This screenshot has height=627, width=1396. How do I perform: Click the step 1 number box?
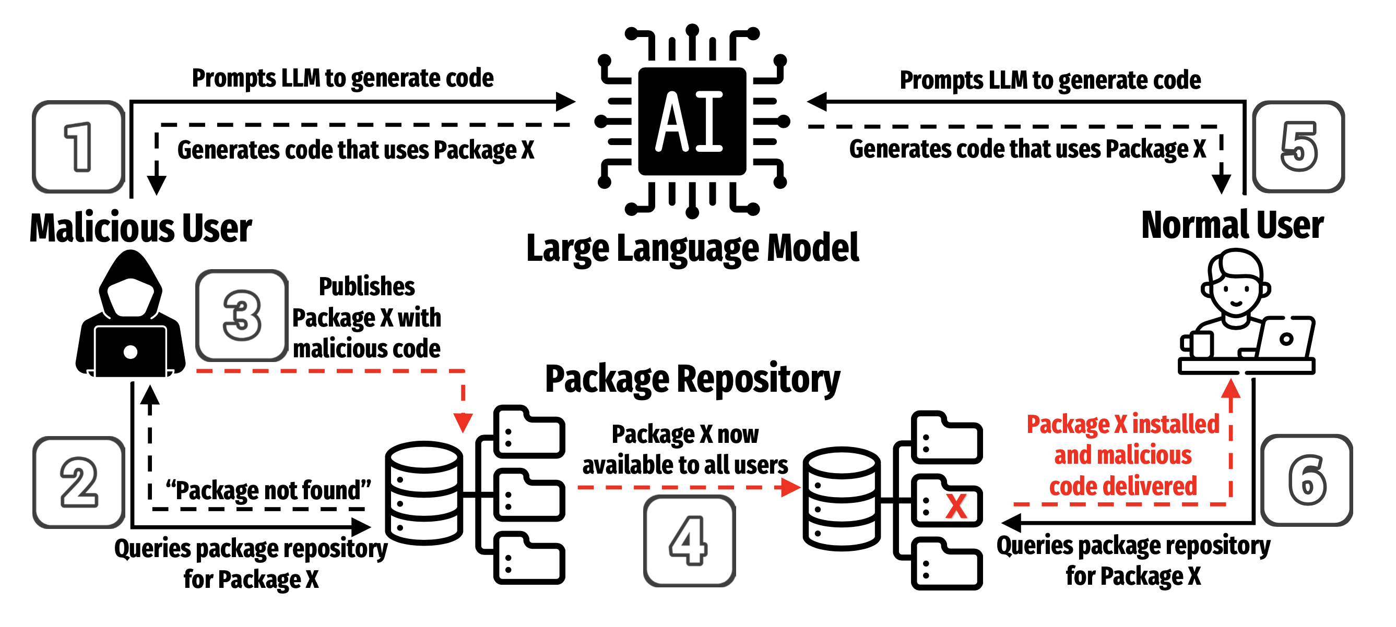pyautogui.click(x=79, y=147)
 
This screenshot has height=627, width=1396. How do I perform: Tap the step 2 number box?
pyautogui.click(x=79, y=482)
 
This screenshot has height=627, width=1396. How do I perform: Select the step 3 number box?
pyautogui.click(x=242, y=315)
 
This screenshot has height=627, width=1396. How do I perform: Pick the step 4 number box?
pyautogui.click(x=689, y=540)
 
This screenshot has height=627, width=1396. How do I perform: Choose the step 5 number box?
pyautogui.click(x=1298, y=147)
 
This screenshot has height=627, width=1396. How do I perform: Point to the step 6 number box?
pyautogui.click(x=1307, y=480)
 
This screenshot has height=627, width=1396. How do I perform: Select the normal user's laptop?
pyautogui.click(x=1284, y=339)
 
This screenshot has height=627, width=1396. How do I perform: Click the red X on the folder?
pyautogui.click(x=956, y=507)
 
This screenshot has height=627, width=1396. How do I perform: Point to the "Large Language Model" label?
pyautogui.click(x=692, y=248)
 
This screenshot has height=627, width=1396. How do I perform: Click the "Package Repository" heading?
pyautogui.click(x=692, y=379)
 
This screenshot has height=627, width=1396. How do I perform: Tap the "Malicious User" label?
pyautogui.click(x=140, y=228)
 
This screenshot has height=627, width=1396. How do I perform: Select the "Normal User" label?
pyautogui.click(x=1232, y=225)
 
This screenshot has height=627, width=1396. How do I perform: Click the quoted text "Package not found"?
pyautogui.click(x=268, y=490)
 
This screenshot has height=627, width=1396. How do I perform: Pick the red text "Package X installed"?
pyautogui.click(x=1122, y=424)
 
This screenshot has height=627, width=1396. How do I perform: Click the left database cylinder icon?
pyautogui.click(x=424, y=493)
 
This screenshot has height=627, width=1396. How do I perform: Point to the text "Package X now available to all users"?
pyautogui.click(x=685, y=450)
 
